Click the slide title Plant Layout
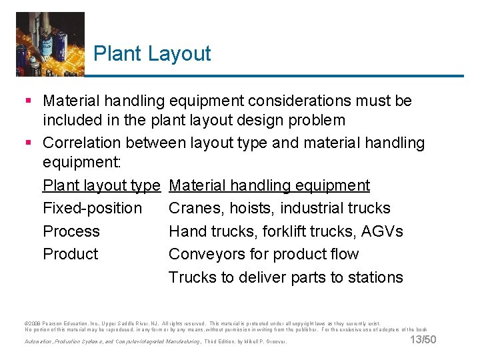(152, 54)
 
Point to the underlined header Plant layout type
(101, 185)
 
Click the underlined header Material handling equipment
(269, 185)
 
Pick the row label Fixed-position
(92, 209)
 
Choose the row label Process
(71, 231)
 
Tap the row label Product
(70, 254)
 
